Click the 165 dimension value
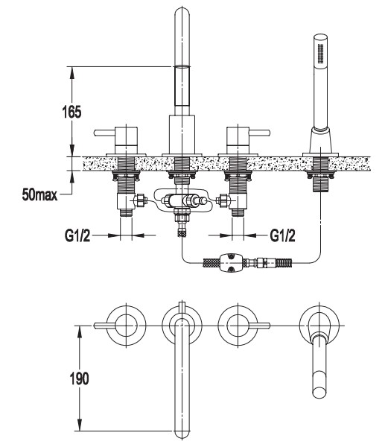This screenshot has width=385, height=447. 71,112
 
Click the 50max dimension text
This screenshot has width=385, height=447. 39,195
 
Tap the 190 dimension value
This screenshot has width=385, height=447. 79,378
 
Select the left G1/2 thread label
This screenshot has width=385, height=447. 77,235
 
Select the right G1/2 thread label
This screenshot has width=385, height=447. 283,235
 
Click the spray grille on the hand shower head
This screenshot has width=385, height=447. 321,54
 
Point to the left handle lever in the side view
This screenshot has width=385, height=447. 104,133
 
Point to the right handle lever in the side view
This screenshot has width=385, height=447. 260,133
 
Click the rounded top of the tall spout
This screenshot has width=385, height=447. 182,13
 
